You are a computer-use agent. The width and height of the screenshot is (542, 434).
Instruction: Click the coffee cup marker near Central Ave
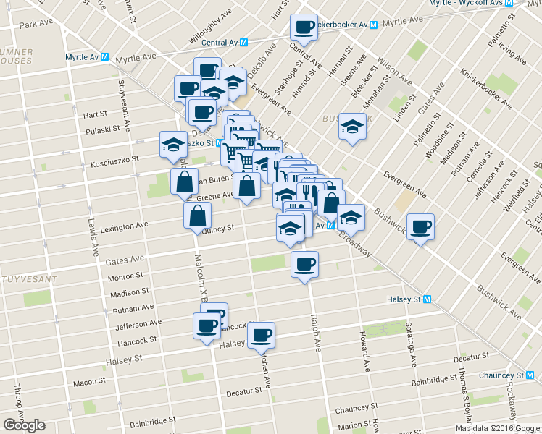(304, 27)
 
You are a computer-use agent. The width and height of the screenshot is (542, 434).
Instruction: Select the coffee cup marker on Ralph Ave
(304, 264)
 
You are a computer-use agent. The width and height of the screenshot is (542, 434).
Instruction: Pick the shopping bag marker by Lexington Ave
(197, 216)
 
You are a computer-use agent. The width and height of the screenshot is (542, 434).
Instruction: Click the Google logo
(25, 425)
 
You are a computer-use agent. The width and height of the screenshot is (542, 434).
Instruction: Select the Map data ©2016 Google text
(497, 428)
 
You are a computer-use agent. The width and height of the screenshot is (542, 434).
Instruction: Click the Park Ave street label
(37, 25)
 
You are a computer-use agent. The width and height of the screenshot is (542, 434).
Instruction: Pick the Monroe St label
(125, 277)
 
